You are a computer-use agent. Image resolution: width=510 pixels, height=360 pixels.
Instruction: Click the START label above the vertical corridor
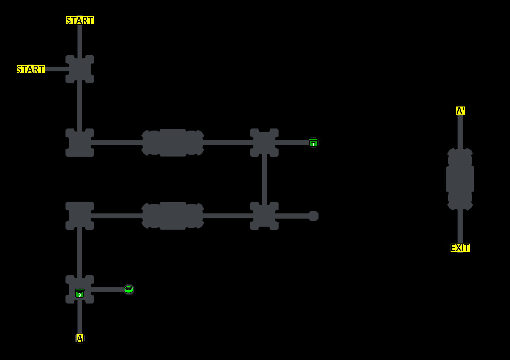80,20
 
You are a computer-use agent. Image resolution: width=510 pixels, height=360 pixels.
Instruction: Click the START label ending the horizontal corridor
31,69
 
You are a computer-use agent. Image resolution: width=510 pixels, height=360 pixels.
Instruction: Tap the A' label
460,111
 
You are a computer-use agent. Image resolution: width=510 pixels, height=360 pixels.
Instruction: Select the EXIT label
460,248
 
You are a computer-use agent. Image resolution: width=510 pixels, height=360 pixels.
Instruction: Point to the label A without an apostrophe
79,338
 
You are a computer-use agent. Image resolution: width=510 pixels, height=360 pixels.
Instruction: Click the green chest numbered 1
313,143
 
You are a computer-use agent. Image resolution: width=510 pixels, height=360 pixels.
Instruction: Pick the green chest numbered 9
79,293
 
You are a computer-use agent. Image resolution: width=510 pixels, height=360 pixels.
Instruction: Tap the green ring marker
129,289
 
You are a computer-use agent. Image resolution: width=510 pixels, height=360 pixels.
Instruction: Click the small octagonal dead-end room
313,216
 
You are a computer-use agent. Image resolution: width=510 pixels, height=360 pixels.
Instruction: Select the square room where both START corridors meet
80,69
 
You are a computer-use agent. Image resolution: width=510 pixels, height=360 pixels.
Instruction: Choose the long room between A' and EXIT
460,179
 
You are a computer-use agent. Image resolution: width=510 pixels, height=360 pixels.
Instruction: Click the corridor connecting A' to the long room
460,132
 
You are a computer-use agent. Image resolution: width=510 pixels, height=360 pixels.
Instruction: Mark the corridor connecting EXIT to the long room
460,226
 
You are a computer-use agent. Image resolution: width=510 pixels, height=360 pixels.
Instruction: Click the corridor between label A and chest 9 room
80,318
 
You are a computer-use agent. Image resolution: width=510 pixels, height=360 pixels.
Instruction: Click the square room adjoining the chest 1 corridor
264,142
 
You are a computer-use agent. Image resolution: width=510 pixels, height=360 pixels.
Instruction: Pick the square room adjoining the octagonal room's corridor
264,216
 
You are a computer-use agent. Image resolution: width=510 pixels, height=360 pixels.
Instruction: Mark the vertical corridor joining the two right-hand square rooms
264,179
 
